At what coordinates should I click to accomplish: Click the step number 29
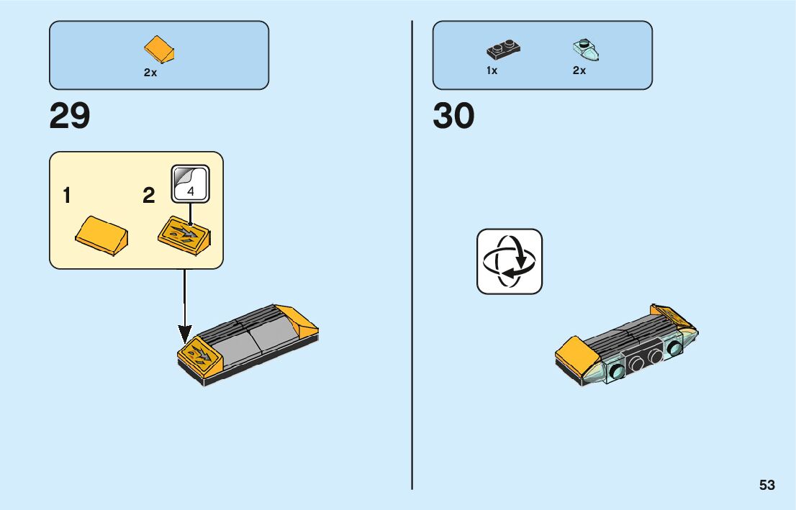tap(70, 116)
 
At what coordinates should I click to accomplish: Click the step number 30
tap(453, 116)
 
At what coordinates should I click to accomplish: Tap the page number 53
tap(766, 485)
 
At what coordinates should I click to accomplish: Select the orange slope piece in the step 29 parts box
tap(160, 50)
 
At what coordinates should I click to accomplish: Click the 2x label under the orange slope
tap(150, 73)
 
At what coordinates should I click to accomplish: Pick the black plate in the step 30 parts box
tap(503, 50)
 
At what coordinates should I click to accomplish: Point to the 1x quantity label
tap(492, 70)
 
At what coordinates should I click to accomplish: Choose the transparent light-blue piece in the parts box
tap(586, 50)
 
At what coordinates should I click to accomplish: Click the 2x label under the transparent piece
tap(579, 70)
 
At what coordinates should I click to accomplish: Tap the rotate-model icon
tap(510, 261)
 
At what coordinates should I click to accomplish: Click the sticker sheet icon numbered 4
tap(190, 183)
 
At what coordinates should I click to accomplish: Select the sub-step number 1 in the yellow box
tap(66, 196)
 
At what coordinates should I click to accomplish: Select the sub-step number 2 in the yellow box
tap(149, 196)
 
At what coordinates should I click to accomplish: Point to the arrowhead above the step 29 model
tap(185, 334)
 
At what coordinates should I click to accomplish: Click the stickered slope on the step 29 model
tap(196, 356)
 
